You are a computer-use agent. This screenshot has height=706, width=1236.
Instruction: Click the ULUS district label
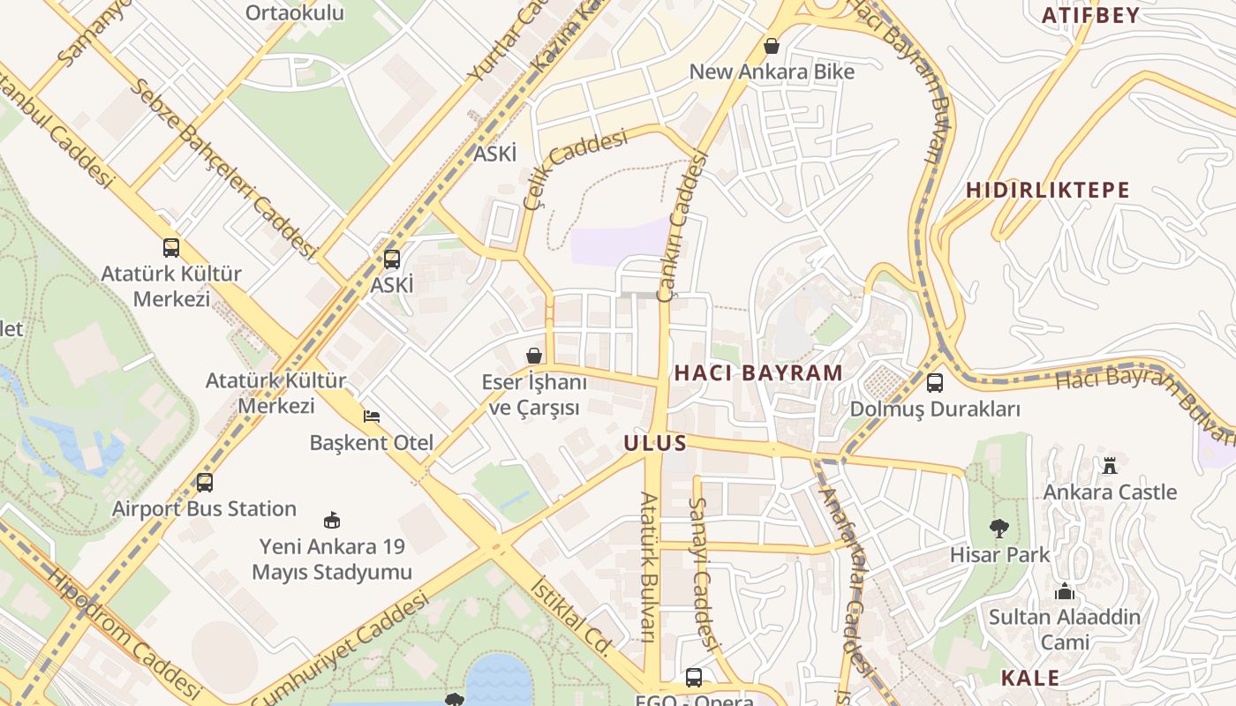(654, 443)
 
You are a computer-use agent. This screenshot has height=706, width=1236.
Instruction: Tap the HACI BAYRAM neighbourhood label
(758, 373)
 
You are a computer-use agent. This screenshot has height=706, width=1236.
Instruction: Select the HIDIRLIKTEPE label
(1047, 191)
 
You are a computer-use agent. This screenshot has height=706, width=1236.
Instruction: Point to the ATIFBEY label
(1090, 16)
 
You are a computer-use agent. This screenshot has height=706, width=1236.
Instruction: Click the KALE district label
(1029, 678)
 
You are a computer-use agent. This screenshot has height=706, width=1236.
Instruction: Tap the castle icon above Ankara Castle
(1110, 465)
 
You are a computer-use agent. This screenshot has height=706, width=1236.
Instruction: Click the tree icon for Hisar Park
(999, 529)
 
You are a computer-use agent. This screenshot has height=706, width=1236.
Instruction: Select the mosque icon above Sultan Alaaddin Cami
(1065, 591)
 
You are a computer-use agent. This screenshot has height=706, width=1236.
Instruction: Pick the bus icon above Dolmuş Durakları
(934, 383)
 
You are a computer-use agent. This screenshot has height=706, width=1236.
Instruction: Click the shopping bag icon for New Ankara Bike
(772, 45)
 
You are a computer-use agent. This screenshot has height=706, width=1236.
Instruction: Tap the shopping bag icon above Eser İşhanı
(534, 356)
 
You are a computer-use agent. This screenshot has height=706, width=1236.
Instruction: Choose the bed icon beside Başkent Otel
(372, 416)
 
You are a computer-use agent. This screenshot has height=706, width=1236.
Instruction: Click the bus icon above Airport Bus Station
(204, 483)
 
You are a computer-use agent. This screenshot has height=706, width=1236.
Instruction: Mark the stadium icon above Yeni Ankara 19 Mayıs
(332, 520)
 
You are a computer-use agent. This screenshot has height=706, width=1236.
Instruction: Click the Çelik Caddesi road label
(575, 168)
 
